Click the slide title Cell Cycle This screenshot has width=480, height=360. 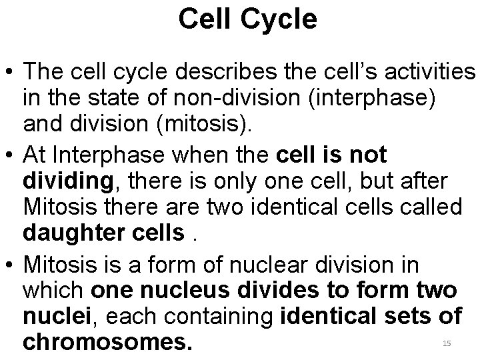tap(247, 20)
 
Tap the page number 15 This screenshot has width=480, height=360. tap(447, 343)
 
